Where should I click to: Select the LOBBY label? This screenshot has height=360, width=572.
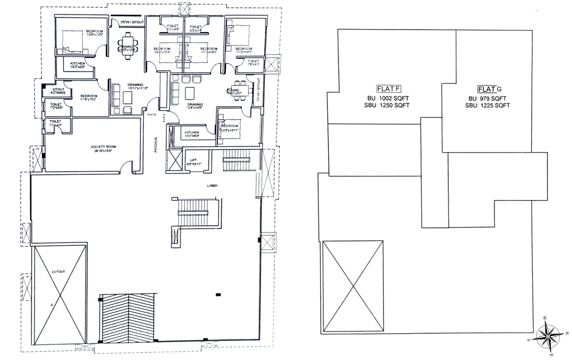pyautogui.click(x=212, y=186)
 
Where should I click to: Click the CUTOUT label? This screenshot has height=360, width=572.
pyautogui.click(x=59, y=272)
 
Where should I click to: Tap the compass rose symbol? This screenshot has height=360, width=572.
pyautogui.click(x=549, y=337)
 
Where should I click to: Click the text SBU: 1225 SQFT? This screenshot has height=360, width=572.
pyautogui.click(x=486, y=105)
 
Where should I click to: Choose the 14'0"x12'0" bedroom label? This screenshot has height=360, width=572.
pyautogui.click(x=94, y=33)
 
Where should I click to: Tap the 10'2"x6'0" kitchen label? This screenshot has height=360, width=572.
pyautogui.click(x=78, y=66)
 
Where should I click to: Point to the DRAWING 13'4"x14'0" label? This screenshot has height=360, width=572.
pyautogui.click(x=194, y=107)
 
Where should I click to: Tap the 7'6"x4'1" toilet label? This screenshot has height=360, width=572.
pyautogui.click(x=254, y=63)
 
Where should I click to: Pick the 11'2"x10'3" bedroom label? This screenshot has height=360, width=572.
pyautogui.click(x=244, y=51)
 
